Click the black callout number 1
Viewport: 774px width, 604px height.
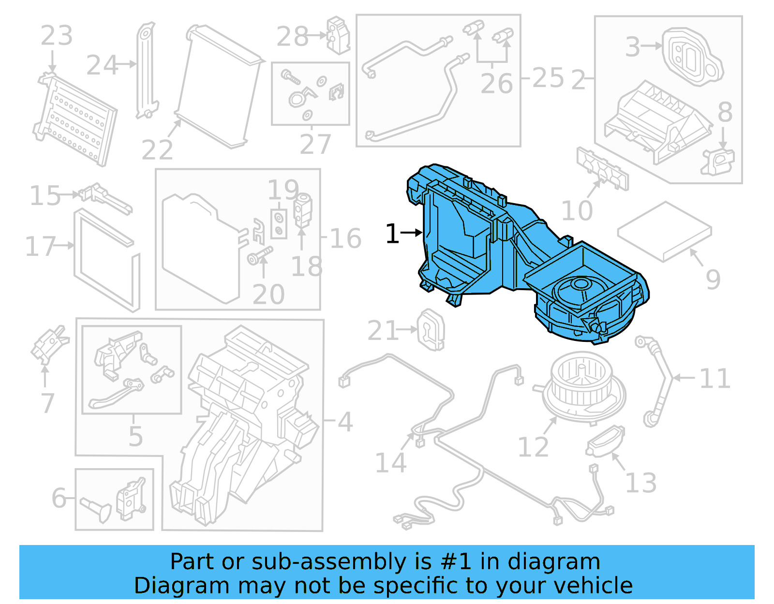coord(392,234)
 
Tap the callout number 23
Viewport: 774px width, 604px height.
coord(57,36)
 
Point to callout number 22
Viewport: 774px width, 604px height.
coord(157,150)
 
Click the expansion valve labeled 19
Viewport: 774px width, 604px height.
coord(303,209)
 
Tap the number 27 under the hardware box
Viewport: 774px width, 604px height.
coord(315,144)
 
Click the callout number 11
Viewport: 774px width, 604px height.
coord(714,379)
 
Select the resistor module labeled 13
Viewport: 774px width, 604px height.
coord(605,441)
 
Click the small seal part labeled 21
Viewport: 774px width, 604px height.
coord(430,329)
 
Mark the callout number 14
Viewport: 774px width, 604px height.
coord(391,463)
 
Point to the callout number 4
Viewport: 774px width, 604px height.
coord(345,422)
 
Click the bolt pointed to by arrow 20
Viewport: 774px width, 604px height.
coord(260,255)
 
